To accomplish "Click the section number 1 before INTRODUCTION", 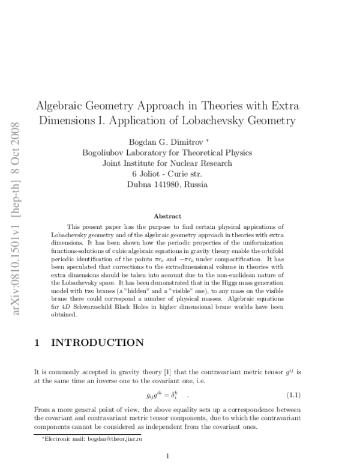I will coord(38,343).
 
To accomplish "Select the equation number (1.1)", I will coord(292,395).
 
